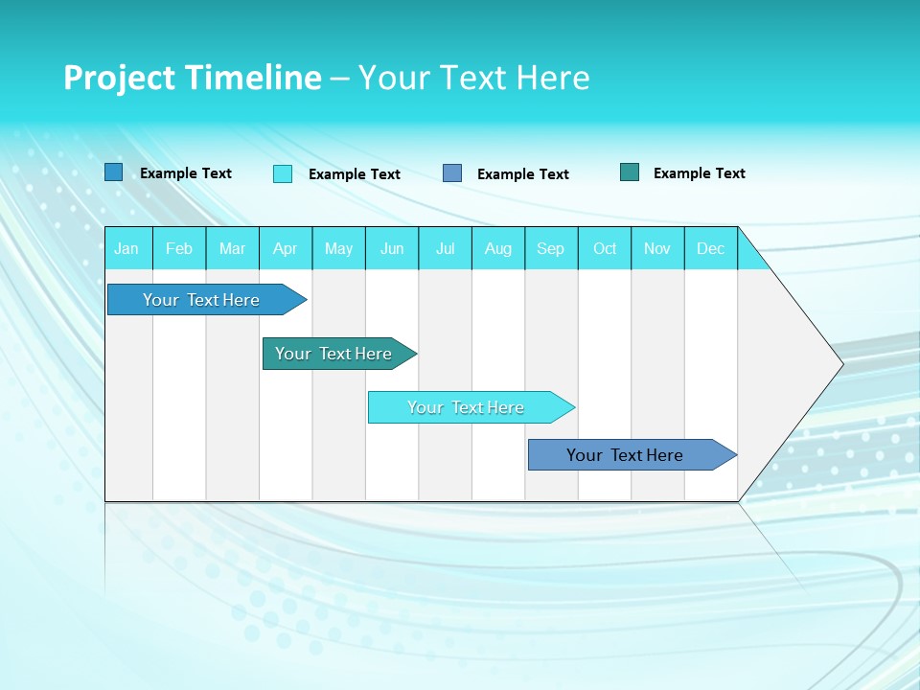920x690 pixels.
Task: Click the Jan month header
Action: [x=126, y=248]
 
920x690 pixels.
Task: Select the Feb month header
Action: [x=179, y=248]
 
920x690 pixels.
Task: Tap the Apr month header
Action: [x=285, y=248]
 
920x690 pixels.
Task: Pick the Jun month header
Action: [x=392, y=248]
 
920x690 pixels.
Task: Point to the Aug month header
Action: [x=497, y=248]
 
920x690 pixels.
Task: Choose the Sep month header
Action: [x=550, y=248]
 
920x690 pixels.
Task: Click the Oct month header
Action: [x=605, y=248]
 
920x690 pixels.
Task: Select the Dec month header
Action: [x=710, y=248]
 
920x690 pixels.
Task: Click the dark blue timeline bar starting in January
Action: [x=201, y=300]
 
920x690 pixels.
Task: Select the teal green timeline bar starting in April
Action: [x=333, y=354]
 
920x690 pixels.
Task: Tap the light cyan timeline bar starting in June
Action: [x=466, y=407]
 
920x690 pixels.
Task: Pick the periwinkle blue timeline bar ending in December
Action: [x=625, y=455]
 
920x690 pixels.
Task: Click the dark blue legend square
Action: [x=114, y=172]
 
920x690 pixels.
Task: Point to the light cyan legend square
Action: [x=283, y=173]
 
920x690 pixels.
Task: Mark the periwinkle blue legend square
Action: [x=452, y=173]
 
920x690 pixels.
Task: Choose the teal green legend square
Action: [x=630, y=172]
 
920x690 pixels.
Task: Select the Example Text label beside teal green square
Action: [x=699, y=173]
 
